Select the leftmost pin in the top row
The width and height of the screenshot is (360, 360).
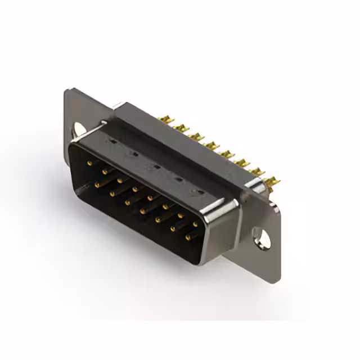(89, 163)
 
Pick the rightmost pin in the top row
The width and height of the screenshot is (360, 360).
(195, 224)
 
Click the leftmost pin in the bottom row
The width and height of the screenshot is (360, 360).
(97, 184)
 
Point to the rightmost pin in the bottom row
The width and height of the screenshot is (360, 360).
(187, 237)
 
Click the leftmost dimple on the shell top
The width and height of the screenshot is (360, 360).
(110, 143)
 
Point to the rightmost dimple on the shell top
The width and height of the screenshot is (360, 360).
(197, 192)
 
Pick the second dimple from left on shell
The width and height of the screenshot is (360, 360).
(132, 155)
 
